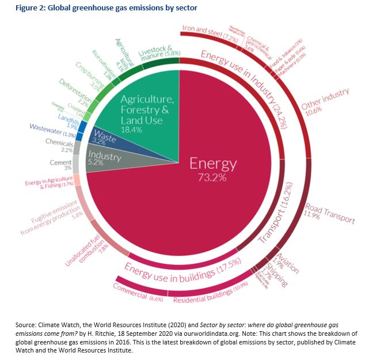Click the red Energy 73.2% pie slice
point(213,173)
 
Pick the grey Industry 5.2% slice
point(104,158)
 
